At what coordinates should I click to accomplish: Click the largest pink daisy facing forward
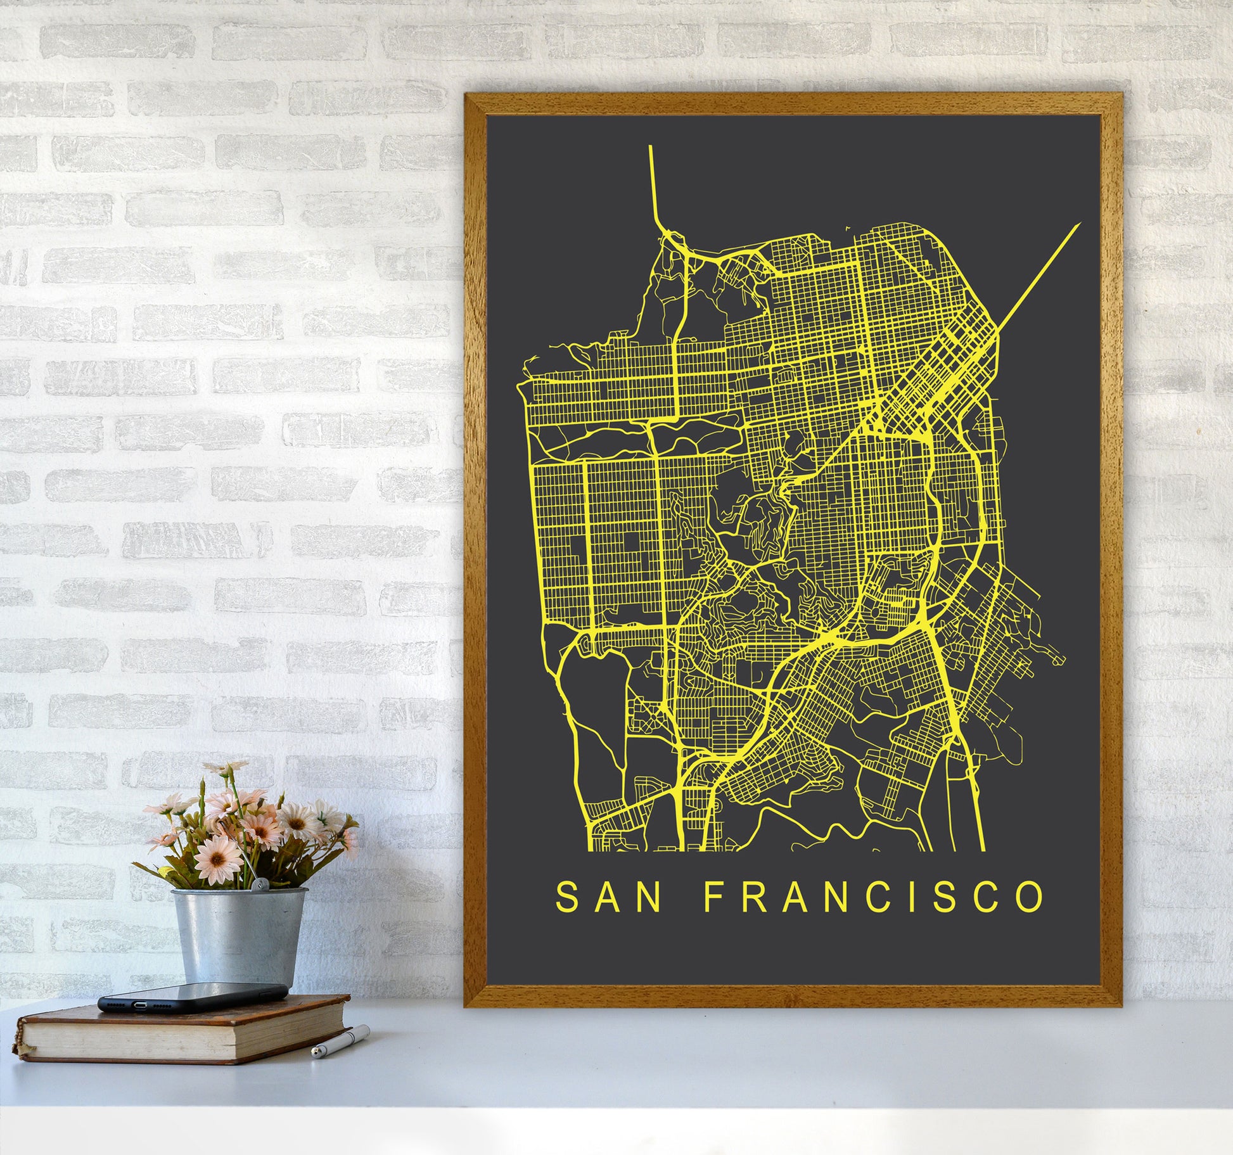[x=217, y=858]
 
